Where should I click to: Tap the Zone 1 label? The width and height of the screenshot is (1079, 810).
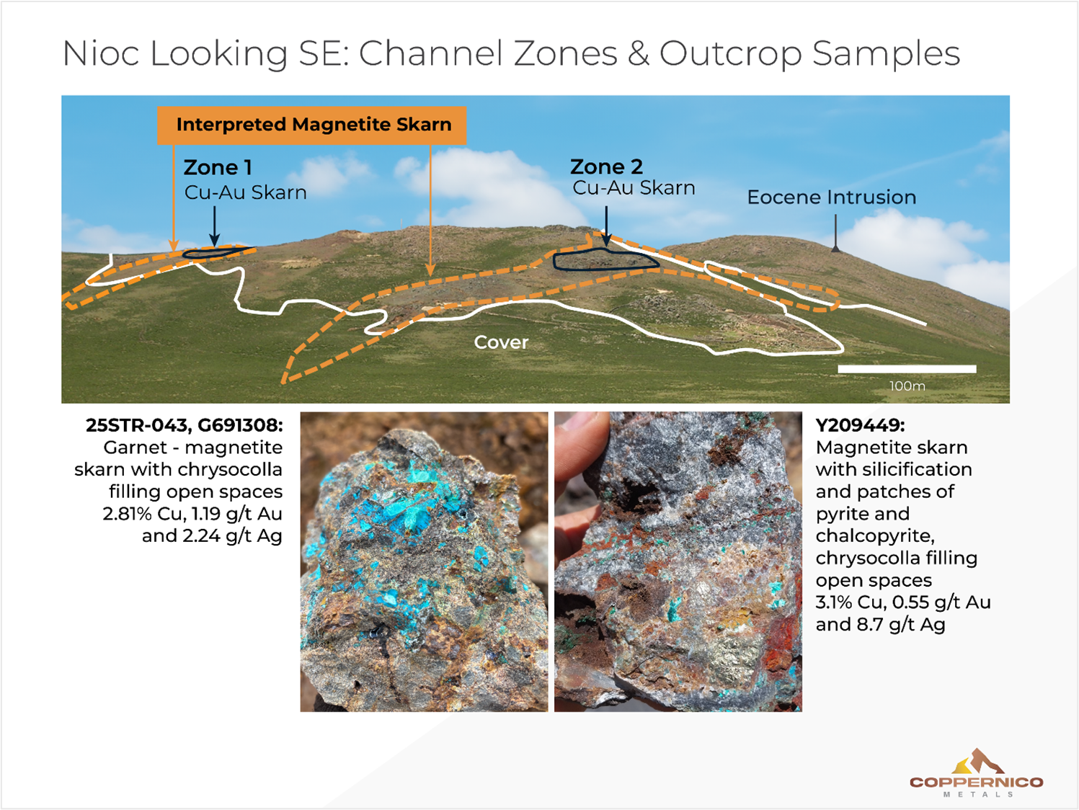click(x=218, y=168)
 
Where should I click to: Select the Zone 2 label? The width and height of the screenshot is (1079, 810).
click(x=606, y=167)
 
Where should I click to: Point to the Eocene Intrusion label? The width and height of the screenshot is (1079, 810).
click(x=831, y=197)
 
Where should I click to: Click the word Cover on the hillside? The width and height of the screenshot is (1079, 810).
click(x=501, y=342)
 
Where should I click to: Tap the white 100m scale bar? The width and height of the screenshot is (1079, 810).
click(x=906, y=369)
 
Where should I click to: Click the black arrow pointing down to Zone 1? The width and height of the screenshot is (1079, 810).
click(x=214, y=226)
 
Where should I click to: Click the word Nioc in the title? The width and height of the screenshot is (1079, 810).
click(x=100, y=54)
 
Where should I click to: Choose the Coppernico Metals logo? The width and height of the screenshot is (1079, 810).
click(x=976, y=773)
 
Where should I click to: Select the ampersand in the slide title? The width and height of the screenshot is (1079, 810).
click(x=638, y=54)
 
